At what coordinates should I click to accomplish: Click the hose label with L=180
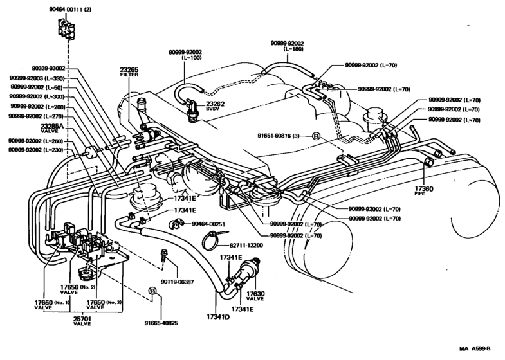pyautogui.click(x=288, y=46)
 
